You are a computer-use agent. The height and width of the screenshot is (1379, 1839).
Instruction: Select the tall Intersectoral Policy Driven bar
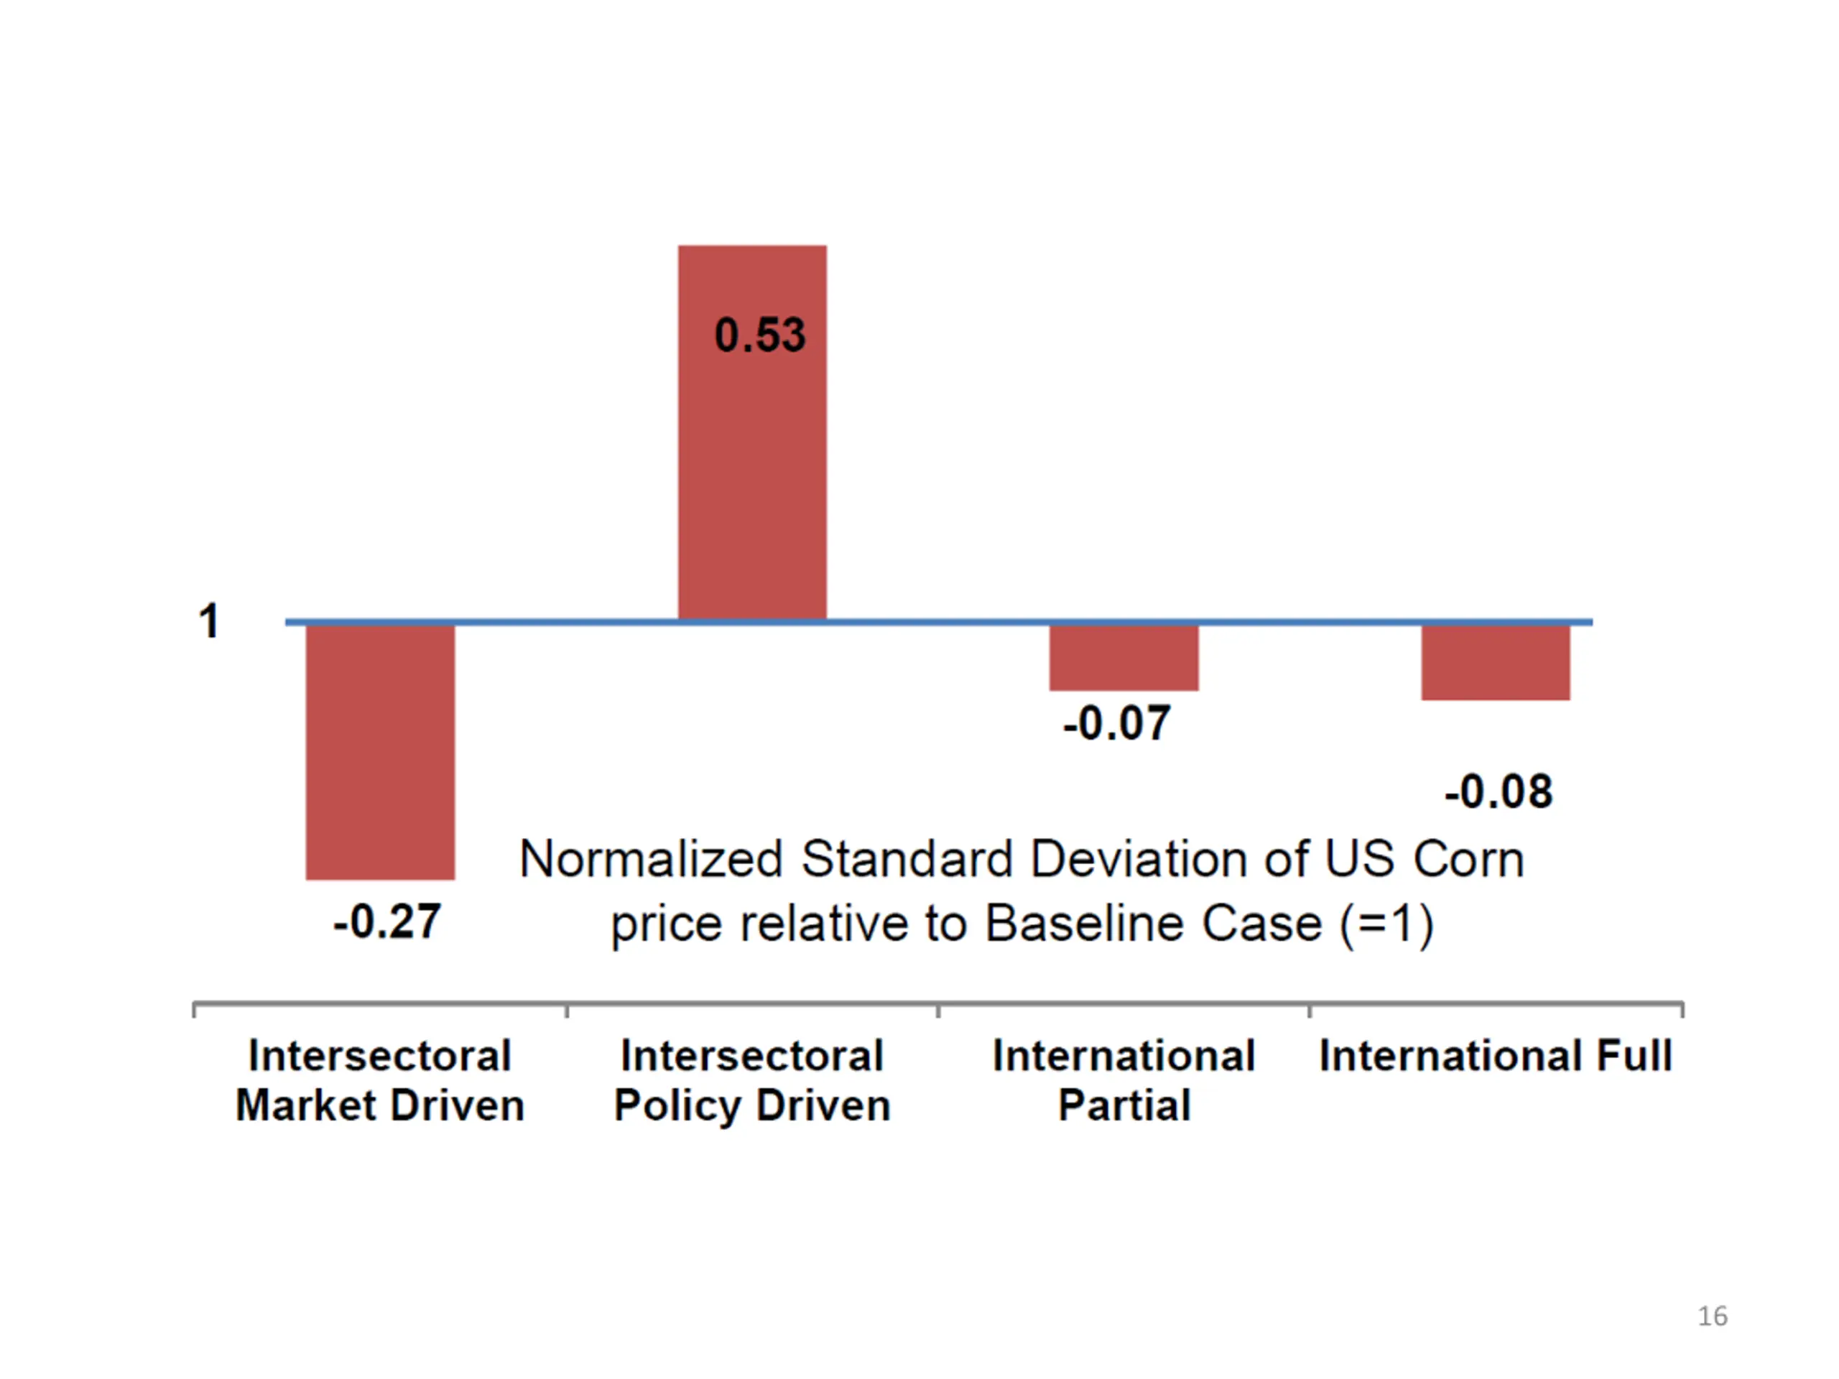pos(751,432)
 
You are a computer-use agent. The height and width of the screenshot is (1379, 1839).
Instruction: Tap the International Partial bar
pos(1124,656)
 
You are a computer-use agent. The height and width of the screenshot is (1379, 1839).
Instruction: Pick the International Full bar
pos(1495,661)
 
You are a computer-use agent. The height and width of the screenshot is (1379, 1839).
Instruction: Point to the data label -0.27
pos(386,921)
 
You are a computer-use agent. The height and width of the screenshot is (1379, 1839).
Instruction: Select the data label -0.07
pos(1116,723)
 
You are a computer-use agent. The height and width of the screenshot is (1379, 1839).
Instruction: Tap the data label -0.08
pos(1498,791)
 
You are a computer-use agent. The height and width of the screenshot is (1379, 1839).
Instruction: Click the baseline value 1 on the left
pos(208,621)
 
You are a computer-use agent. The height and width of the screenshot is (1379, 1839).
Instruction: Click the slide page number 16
pos(1712,1316)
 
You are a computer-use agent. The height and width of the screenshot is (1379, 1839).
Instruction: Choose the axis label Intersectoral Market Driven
pos(380,1081)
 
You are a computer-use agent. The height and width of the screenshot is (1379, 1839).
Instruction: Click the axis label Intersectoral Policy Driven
pos(751,1081)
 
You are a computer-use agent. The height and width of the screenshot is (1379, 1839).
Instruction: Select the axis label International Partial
pos(1124,1081)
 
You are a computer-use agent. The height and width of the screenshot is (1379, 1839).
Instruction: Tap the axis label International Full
pos(1495,1056)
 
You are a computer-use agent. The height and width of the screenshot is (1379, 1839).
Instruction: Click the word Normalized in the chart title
pos(651,859)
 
